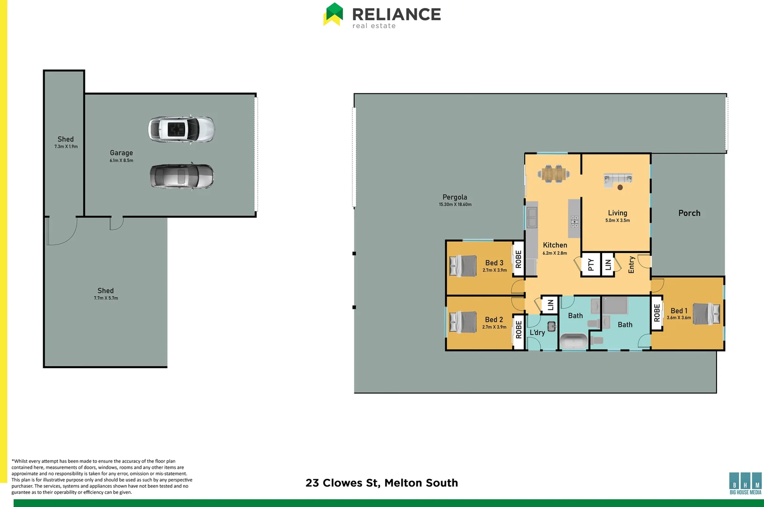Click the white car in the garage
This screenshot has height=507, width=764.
(x=181, y=129)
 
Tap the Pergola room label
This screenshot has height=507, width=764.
(x=455, y=197)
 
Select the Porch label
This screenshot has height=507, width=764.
(x=689, y=213)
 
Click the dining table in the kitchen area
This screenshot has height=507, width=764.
(x=554, y=174)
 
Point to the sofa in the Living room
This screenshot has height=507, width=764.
(x=618, y=179)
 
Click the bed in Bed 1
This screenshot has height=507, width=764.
(x=706, y=314)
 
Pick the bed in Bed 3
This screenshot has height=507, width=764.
(x=463, y=266)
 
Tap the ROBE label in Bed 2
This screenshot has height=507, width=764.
(x=519, y=329)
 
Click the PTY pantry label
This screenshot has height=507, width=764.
(x=591, y=265)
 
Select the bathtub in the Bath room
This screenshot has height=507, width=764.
(x=573, y=341)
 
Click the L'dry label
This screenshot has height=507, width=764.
(x=537, y=332)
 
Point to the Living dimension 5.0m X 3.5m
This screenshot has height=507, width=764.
(x=618, y=220)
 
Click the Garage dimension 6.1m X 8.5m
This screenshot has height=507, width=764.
(x=122, y=161)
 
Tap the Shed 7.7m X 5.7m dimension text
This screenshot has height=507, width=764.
(x=106, y=298)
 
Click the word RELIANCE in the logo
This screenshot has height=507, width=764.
(x=397, y=14)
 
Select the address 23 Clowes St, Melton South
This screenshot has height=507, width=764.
(x=382, y=483)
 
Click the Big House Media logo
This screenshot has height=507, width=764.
(x=745, y=484)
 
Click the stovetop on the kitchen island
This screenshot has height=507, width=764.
(x=574, y=222)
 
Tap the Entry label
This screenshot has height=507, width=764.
(x=631, y=265)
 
